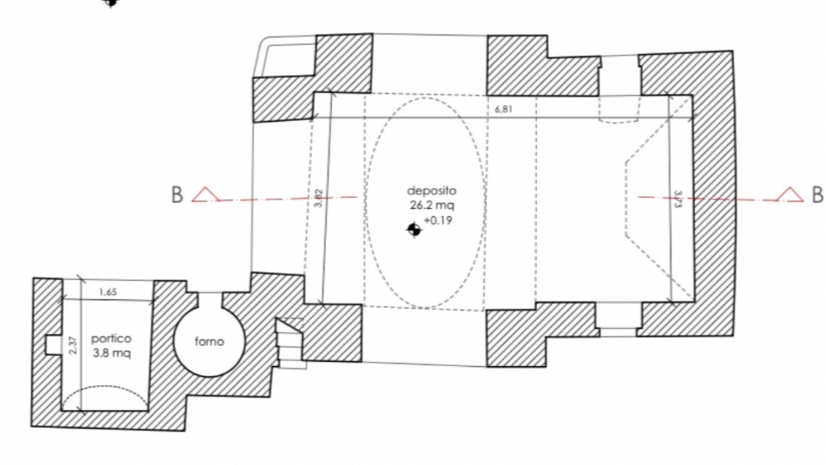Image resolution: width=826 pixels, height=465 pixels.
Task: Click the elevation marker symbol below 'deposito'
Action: (x=413, y=229)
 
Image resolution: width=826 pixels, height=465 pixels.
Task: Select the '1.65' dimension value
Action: (x=107, y=293)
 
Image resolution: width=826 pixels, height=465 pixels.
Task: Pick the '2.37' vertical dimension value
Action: (x=73, y=345)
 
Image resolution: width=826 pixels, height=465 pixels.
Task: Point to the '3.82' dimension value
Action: (x=318, y=198)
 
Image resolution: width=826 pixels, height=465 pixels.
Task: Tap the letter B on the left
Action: (x=177, y=195)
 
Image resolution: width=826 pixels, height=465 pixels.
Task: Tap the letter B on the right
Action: (x=817, y=195)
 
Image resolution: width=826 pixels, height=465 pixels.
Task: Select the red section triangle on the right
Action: (x=790, y=195)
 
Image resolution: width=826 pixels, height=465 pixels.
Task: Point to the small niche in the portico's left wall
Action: (x=52, y=344)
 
